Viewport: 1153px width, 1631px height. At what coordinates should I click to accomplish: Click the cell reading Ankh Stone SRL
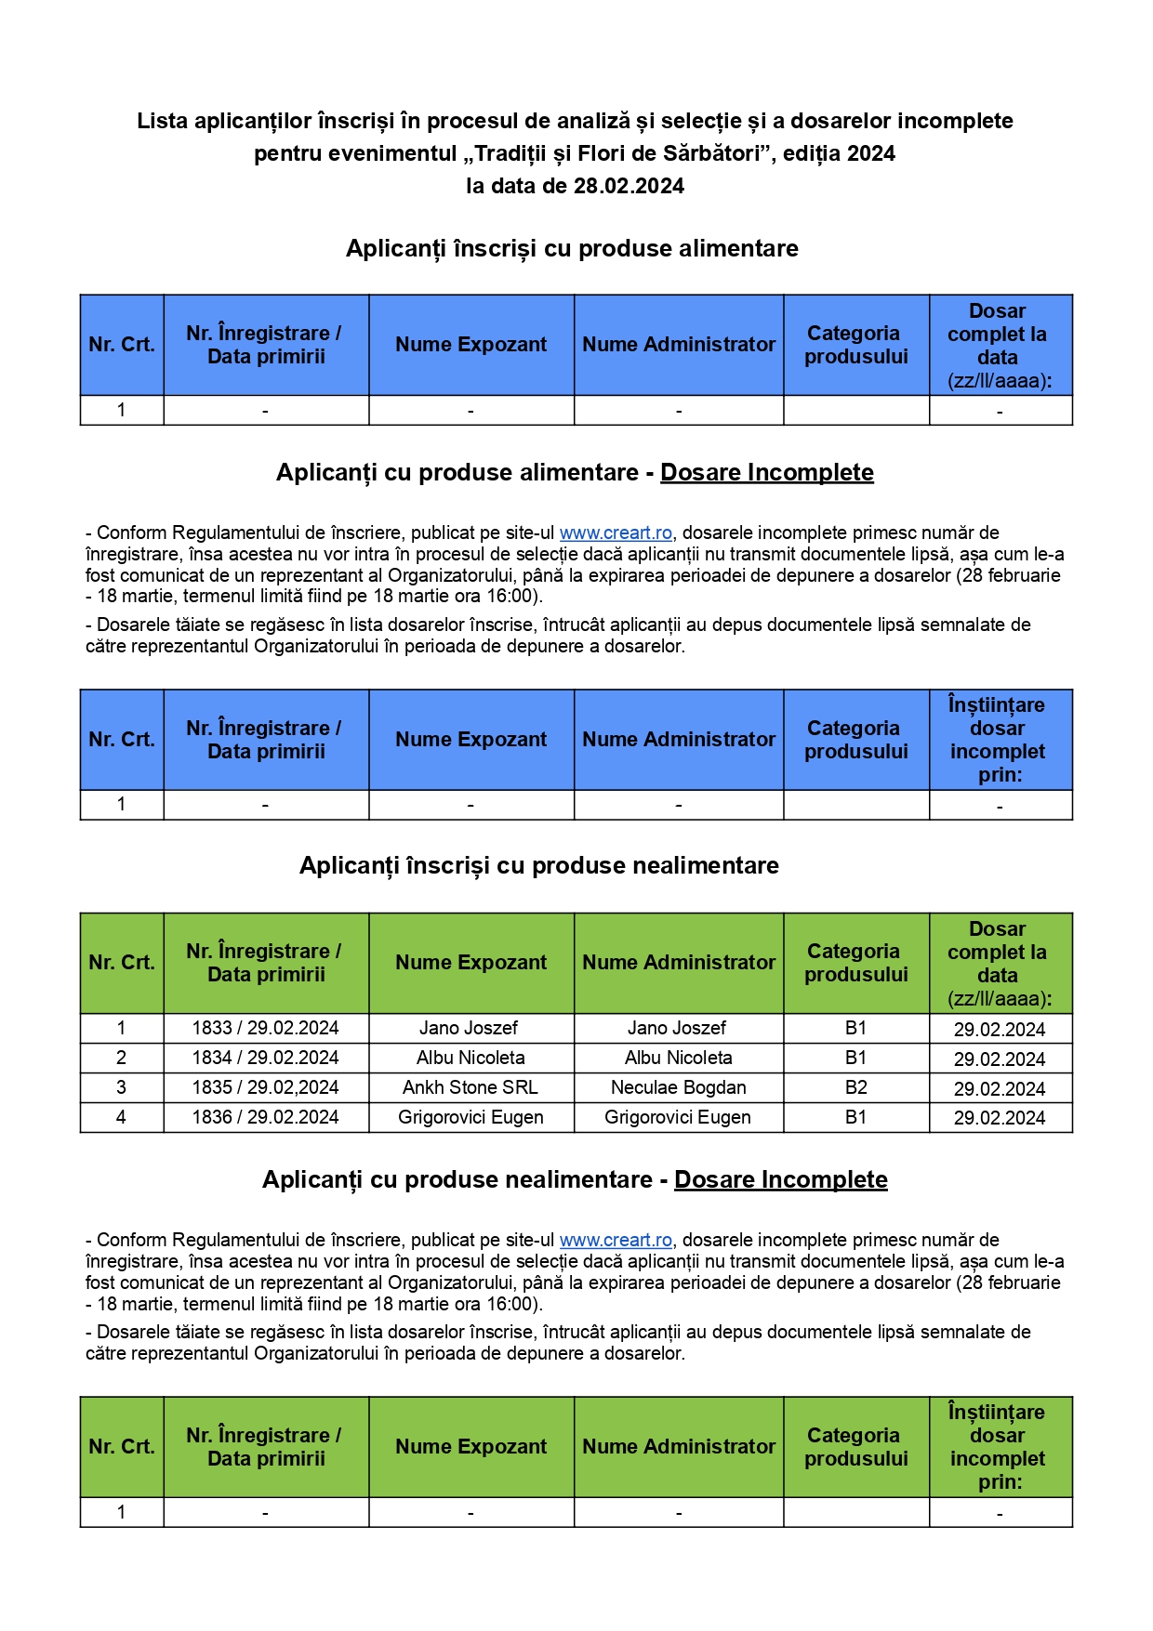click(470, 1087)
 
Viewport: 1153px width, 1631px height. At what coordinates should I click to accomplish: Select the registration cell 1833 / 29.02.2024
click(266, 1028)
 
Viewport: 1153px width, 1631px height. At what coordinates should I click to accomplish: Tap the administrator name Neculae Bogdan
click(678, 1087)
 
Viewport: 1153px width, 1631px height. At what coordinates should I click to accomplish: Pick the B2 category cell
click(855, 1087)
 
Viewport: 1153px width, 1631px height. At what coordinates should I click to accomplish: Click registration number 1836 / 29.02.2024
click(266, 1117)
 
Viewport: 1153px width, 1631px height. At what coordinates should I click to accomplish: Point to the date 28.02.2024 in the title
click(629, 186)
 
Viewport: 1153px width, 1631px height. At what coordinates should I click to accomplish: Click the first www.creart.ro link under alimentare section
click(616, 533)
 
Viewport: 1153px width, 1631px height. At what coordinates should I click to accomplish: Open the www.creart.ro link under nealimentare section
click(616, 1240)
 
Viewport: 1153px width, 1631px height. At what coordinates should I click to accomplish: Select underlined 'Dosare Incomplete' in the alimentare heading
click(766, 472)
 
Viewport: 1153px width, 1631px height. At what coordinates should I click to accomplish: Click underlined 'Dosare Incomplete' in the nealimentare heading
click(780, 1179)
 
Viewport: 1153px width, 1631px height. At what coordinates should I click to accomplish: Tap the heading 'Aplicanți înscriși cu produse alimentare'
click(572, 248)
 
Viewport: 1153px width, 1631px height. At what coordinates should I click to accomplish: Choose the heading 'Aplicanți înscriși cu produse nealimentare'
click(539, 865)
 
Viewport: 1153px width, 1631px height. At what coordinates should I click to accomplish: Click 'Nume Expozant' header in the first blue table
click(470, 345)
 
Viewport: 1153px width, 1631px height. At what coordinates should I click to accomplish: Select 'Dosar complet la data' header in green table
click(998, 963)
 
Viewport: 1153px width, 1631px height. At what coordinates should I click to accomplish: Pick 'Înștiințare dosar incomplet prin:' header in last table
click(998, 1446)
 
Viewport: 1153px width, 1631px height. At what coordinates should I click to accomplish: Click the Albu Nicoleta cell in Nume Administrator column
click(678, 1058)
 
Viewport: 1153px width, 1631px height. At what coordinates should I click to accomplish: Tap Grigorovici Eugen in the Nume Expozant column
click(470, 1117)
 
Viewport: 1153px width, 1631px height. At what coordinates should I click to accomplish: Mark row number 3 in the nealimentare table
click(121, 1087)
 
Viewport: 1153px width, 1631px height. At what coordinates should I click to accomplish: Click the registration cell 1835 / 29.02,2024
click(266, 1087)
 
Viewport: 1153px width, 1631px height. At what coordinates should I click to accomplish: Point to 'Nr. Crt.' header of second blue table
click(122, 740)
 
